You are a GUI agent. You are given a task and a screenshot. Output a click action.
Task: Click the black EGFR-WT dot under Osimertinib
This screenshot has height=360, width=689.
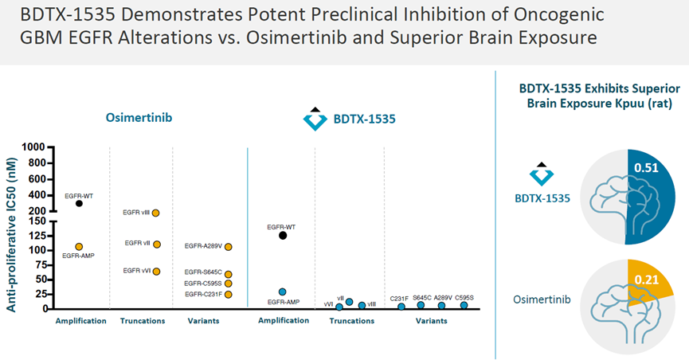tap(79, 203)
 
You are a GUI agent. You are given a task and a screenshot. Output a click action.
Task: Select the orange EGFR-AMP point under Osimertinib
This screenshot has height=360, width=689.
tap(79, 247)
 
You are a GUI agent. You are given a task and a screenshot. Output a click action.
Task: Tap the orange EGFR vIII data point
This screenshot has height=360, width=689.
tap(156, 213)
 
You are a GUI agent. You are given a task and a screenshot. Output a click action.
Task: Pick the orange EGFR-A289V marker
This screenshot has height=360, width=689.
tap(229, 247)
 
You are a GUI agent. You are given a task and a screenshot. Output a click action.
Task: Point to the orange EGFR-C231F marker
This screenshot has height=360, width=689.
tap(229, 294)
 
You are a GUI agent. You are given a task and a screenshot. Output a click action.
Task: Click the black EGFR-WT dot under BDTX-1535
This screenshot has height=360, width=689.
tap(283, 235)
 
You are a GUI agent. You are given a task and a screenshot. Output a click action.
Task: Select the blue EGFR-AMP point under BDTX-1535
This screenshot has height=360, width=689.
tap(283, 292)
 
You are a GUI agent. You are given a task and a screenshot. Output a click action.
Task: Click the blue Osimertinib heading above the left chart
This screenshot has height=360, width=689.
tap(139, 118)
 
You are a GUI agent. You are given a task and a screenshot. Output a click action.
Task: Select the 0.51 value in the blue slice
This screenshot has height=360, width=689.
tap(646, 168)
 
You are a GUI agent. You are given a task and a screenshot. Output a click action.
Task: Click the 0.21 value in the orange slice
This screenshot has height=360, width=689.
tap(646, 280)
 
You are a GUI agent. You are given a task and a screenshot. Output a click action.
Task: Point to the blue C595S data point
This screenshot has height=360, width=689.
tap(464, 305)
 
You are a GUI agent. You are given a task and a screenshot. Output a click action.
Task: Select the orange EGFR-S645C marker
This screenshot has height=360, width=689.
tap(229, 274)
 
